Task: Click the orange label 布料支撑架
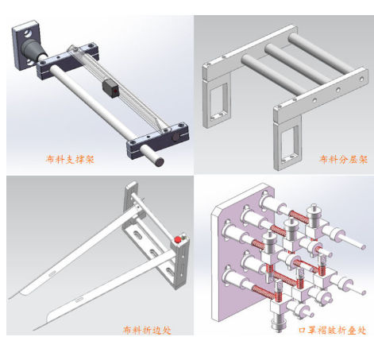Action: pyautogui.click(x=70, y=160)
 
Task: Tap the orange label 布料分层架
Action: pyautogui.click(x=343, y=159)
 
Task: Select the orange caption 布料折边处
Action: pyautogui.click(x=147, y=330)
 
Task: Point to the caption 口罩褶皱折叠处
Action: pyautogui.click(x=333, y=330)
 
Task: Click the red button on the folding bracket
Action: pyautogui.click(x=178, y=240)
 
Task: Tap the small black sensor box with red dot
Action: pyautogui.click(x=111, y=88)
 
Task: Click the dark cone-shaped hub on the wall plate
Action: pyautogui.click(x=33, y=51)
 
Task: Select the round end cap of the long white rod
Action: pyautogui.click(x=159, y=161)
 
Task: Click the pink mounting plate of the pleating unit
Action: pyautogui.click(x=238, y=252)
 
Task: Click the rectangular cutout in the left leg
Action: pyautogui.click(x=218, y=101)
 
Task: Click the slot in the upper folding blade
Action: pyautogui.click(x=52, y=273)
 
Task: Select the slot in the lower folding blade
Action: pyautogui.click(x=79, y=300)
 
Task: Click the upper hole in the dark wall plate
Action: pyautogui.click(x=27, y=33)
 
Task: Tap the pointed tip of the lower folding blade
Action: pyautogui.click(x=33, y=330)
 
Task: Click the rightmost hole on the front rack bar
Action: pyautogui.click(x=361, y=79)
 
